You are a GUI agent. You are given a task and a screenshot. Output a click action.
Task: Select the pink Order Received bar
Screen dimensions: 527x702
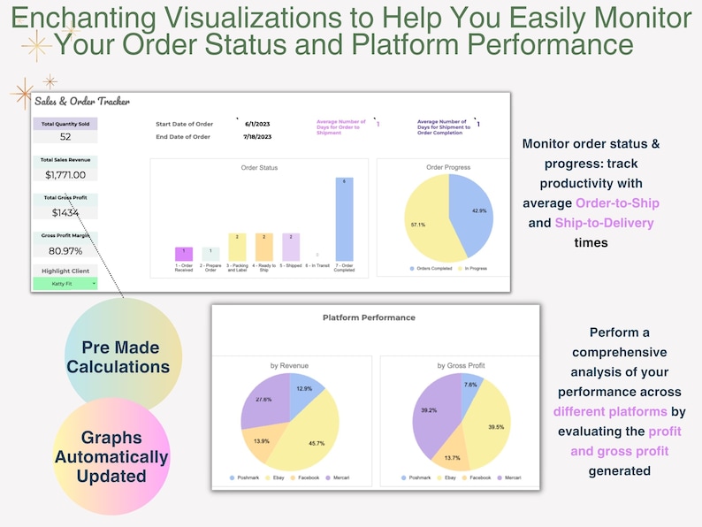(x=184, y=254)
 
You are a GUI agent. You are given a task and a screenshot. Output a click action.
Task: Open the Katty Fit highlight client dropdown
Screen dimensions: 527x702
(x=65, y=283)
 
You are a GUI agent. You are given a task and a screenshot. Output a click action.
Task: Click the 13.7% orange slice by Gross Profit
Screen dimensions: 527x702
(x=453, y=452)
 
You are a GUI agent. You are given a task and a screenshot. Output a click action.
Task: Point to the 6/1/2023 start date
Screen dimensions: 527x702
(x=257, y=125)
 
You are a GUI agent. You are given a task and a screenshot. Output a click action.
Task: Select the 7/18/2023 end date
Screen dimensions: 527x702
(x=258, y=136)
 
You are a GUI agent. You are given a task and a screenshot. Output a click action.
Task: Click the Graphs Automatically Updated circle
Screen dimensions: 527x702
(x=111, y=456)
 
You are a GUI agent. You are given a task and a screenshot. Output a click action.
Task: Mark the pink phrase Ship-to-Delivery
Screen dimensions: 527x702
(x=607, y=223)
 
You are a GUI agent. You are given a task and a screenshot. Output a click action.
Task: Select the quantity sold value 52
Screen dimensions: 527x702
(x=65, y=136)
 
